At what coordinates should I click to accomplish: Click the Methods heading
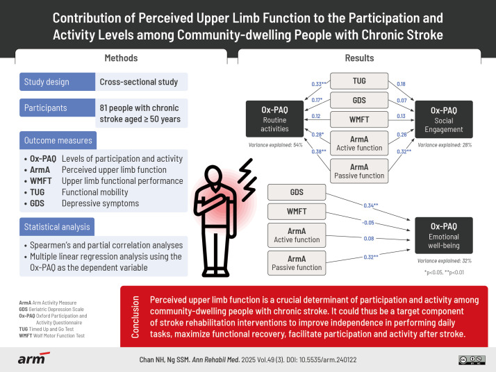click(x=120, y=58)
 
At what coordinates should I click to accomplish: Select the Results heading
click(x=360, y=58)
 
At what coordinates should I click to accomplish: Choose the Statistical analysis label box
click(x=58, y=228)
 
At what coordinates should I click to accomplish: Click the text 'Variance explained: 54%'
click(x=275, y=145)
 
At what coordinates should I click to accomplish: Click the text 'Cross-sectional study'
click(x=138, y=82)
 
